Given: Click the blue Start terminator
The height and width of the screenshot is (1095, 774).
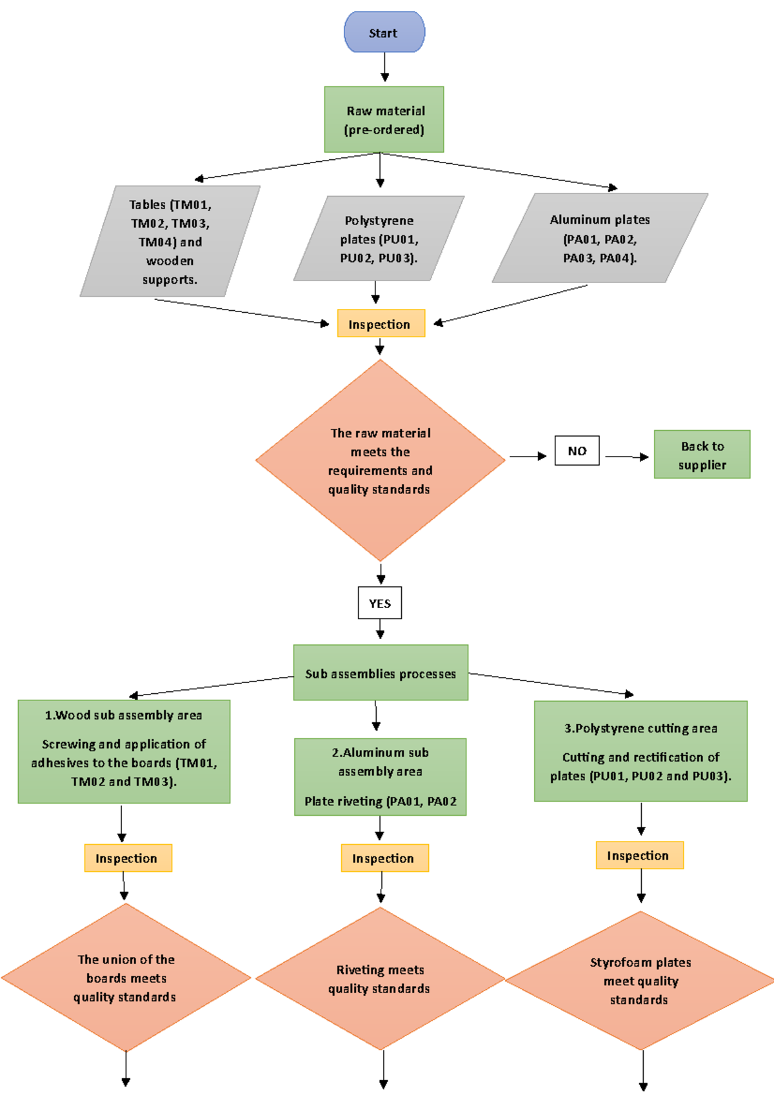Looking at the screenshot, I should [384, 32].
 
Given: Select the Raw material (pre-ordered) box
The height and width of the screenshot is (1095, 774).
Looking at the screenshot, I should [384, 120].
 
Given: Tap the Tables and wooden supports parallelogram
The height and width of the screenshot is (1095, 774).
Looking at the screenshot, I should [170, 242].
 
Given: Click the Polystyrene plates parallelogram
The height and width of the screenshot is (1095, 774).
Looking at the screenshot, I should [379, 239].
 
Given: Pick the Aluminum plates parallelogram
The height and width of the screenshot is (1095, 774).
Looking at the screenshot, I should [600, 239].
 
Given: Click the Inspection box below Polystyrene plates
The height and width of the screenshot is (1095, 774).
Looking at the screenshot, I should [381, 324].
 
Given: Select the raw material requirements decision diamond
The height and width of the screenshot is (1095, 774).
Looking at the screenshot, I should [380, 460].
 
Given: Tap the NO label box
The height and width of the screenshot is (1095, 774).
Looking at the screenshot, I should [577, 451].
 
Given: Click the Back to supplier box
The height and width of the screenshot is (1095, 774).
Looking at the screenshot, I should [702, 455].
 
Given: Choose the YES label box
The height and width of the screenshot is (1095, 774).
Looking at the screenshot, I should [380, 603].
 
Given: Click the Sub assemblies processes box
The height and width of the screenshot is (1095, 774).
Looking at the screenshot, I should [381, 673].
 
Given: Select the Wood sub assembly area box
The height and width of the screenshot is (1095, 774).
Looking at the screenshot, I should [124, 751].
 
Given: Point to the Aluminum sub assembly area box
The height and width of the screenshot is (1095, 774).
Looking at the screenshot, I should [380, 777].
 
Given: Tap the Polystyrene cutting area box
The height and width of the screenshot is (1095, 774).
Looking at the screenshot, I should [640, 751].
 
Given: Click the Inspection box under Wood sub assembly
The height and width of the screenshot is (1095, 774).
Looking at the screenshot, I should [128, 858].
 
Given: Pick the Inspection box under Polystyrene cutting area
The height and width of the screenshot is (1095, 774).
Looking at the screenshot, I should [639, 856].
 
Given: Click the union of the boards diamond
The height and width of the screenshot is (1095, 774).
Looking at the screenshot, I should [126, 978].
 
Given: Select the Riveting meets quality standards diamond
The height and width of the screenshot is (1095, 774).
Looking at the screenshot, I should [380, 979].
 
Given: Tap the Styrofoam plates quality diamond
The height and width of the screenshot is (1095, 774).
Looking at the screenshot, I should [640, 981].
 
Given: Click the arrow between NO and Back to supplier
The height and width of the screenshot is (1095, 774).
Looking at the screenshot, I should [626, 457].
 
